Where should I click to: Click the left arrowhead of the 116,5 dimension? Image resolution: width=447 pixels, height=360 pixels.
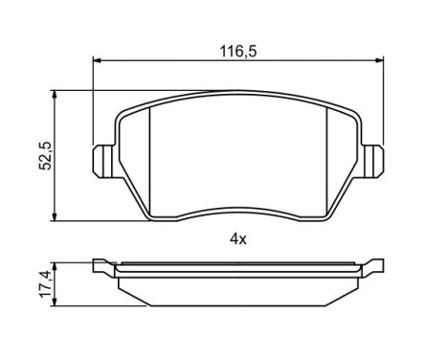point(96,59)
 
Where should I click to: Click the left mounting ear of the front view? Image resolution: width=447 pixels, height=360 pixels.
point(102,160)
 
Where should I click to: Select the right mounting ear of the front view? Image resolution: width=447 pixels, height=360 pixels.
point(374,160)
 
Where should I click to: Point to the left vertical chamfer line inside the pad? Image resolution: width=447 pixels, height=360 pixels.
point(154,158)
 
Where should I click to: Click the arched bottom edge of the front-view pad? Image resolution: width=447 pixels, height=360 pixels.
point(238,210)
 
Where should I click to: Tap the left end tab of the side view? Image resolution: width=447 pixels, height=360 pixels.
point(103,265)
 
